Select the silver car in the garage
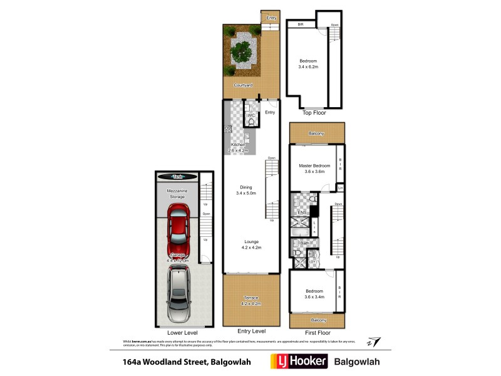179,292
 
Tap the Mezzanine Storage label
178,193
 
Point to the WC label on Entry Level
249,116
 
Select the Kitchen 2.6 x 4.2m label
239,147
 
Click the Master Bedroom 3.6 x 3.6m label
314,168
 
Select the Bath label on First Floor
304,243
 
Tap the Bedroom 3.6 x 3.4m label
314,294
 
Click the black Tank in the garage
178,177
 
